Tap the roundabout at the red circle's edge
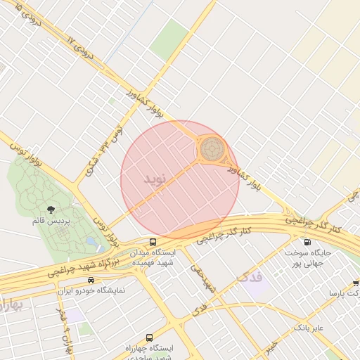pos(212,149)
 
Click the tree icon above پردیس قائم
pos(50,210)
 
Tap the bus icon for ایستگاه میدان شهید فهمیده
pos(153,241)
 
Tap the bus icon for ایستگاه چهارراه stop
pos(149,337)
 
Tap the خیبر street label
pos(271,345)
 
